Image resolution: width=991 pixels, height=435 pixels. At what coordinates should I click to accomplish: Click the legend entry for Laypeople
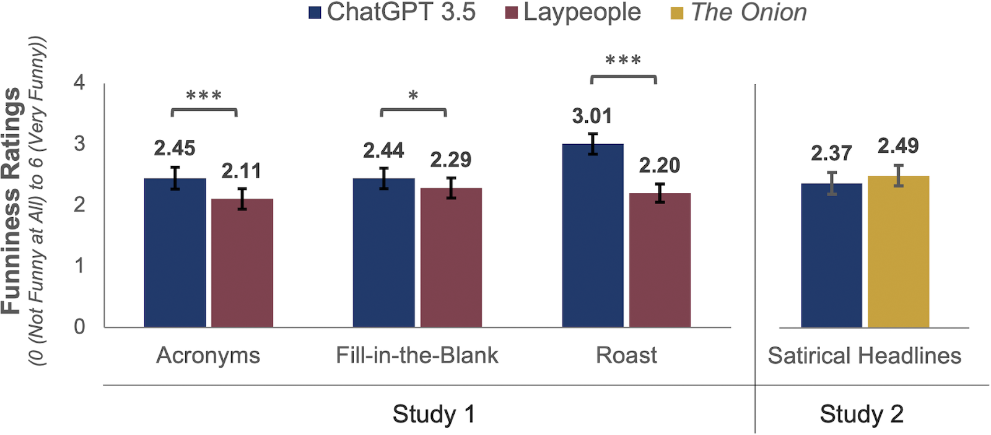point(573,12)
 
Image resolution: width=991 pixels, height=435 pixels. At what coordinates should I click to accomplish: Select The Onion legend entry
point(740,12)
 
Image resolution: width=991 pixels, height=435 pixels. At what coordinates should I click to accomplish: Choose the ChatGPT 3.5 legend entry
point(393,12)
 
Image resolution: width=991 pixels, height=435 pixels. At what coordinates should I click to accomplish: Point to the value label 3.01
point(592,116)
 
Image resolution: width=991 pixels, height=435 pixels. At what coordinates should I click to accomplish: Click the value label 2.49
point(898,146)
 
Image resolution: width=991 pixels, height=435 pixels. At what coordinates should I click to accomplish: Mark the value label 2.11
point(242,171)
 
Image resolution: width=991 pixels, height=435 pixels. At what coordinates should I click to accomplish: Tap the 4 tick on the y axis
point(79,82)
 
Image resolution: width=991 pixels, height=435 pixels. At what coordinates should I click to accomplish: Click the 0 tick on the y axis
point(79,326)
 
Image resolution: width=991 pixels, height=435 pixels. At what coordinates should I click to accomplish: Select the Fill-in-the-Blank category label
point(417,355)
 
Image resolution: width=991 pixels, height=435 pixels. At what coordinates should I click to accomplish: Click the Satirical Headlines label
point(864,356)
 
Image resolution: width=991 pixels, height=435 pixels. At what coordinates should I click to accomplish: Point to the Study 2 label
point(862,414)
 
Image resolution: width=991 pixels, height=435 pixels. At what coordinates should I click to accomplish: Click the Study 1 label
point(434,414)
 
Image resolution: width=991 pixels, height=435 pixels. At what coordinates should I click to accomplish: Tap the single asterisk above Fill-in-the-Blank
point(413,96)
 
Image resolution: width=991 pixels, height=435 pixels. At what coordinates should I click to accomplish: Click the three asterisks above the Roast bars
point(623,61)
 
